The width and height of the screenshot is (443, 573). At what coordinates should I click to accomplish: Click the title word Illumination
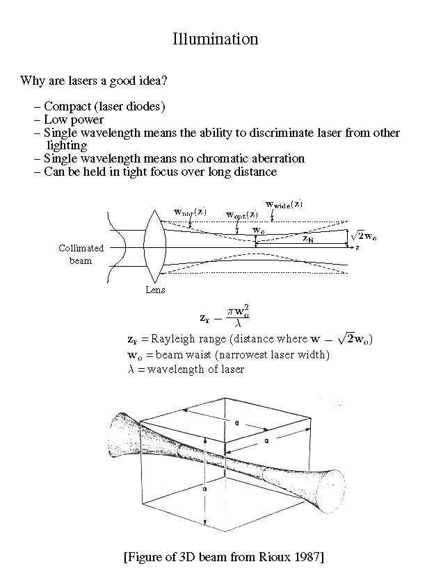[215, 39]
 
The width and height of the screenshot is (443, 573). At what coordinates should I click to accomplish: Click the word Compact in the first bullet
[65, 107]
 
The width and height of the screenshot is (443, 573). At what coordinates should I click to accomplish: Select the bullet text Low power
[73, 119]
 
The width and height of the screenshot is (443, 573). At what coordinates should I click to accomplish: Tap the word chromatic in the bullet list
[218, 158]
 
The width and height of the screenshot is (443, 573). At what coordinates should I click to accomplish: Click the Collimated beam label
[81, 254]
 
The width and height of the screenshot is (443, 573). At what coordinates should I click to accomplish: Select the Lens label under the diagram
[155, 290]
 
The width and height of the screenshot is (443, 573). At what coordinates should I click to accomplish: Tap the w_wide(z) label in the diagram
[284, 204]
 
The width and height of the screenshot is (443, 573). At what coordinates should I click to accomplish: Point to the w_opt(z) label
[242, 214]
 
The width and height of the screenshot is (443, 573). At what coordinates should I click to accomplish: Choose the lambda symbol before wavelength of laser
[130, 369]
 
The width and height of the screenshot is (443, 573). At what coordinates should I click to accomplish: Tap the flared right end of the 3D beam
[330, 481]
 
